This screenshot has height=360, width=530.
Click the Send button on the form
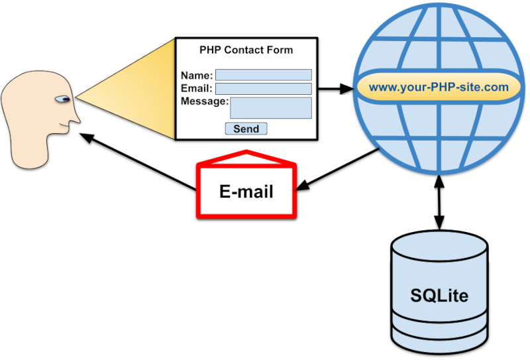pyautogui.click(x=246, y=129)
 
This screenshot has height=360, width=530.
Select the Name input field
pyautogui.click(x=263, y=75)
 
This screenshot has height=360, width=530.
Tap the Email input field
pyautogui.click(x=263, y=89)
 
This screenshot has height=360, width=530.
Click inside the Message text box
pyautogui.click(x=270, y=108)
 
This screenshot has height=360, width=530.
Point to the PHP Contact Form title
pyautogui.click(x=246, y=50)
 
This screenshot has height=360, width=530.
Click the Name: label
pyautogui.click(x=196, y=76)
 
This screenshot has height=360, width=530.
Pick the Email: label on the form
pyautogui.click(x=196, y=89)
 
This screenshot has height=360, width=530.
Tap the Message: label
pyautogui.click(x=204, y=101)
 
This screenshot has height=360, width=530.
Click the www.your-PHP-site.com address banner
pyautogui.click(x=439, y=87)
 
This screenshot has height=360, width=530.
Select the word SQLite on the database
pyautogui.click(x=439, y=295)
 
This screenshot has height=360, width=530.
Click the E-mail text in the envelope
pyautogui.click(x=246, y=192)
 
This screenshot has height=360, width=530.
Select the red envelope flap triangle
pyautogui.click(x=246, y=156)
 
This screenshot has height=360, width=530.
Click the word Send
pyautogui.click(x=246, y=129)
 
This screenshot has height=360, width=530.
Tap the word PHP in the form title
pyautogui.click(x=210, y=50)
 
